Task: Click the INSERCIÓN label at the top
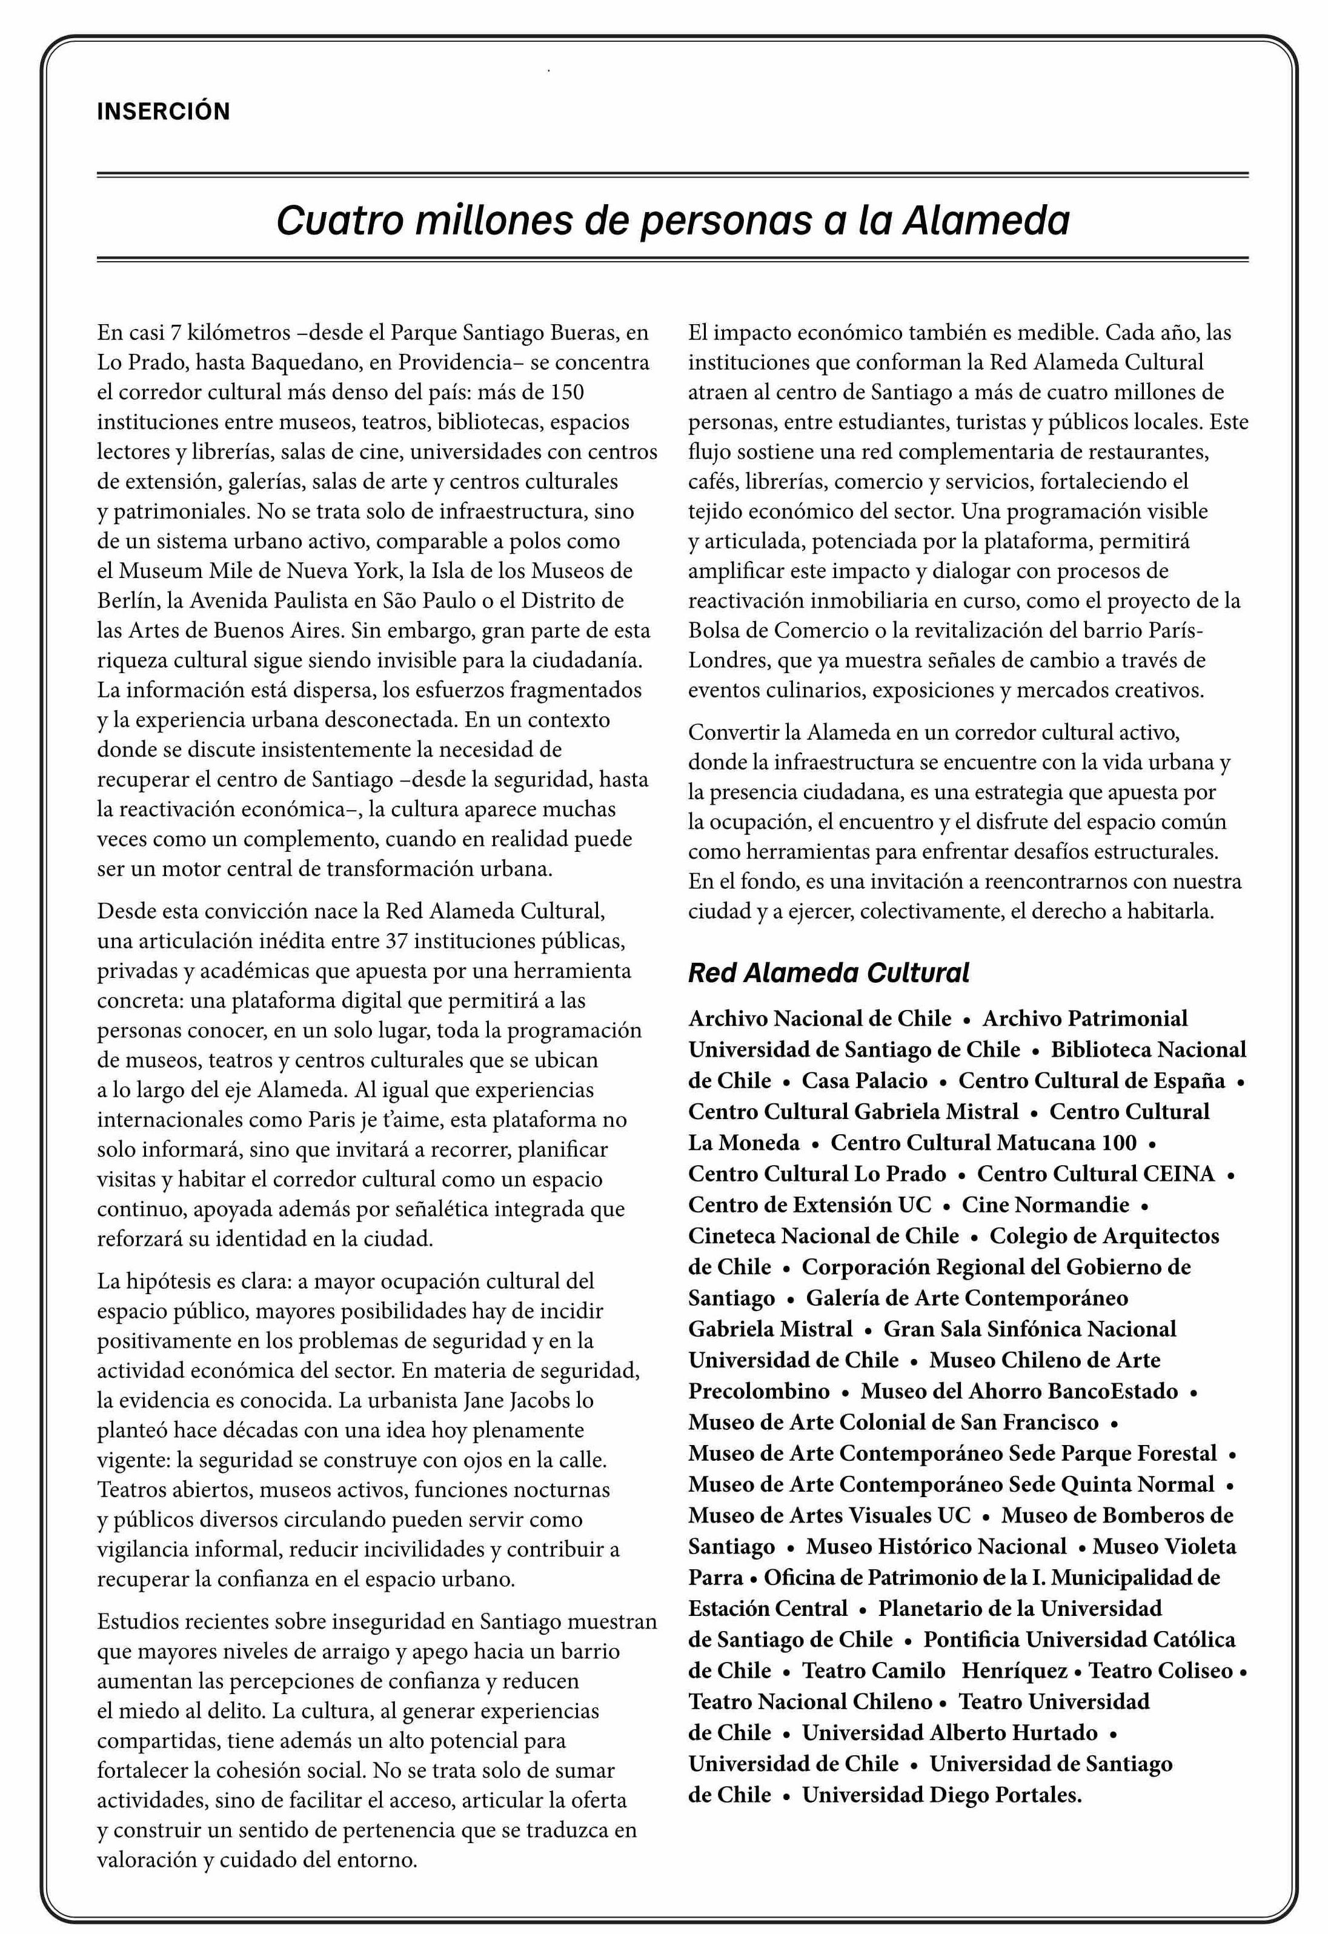click(x=163, y=111)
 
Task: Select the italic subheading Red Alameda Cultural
click(x=828, y=973)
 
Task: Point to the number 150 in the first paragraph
click(x=566, y=392)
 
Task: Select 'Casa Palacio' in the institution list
click(x=864, y=1081)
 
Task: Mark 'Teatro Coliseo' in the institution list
click(x=1160, y=1671)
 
